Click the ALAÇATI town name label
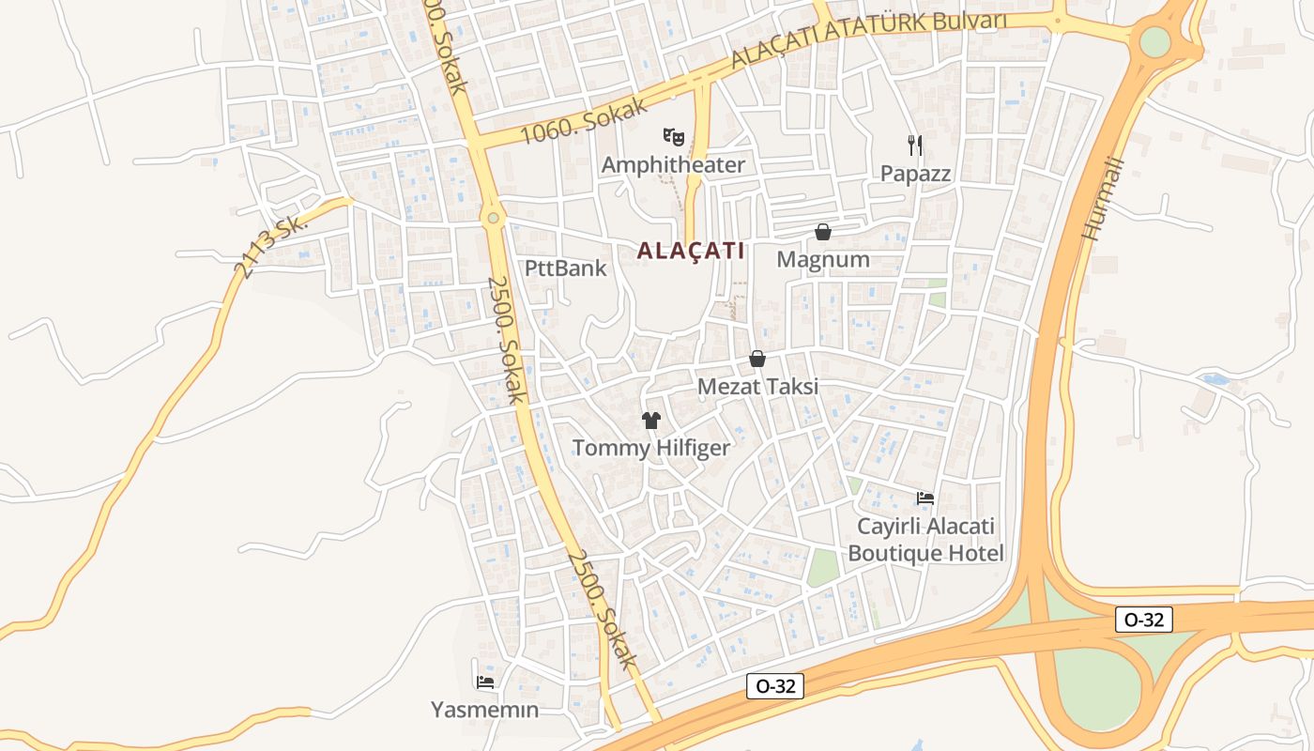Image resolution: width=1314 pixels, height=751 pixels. (x=691, y=251)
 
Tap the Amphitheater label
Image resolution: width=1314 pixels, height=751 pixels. (x=673, y=165)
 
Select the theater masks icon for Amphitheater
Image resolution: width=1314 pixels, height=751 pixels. (x=673, y=137)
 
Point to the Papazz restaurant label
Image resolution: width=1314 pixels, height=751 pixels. (x=915, y=174)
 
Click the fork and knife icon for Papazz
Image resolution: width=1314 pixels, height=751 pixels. (x=915, y=145)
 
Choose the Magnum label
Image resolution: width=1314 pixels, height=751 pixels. (x=823, y=260)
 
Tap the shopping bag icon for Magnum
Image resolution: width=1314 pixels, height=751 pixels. (x=823, y=232)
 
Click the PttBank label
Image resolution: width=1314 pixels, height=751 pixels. (x=565, y=268)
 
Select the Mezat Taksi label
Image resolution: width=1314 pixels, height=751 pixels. (x=757, y=387)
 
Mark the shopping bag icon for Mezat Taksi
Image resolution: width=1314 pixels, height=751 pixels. (x=757, y=359)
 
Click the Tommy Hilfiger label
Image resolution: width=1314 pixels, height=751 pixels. (x=650, y=448)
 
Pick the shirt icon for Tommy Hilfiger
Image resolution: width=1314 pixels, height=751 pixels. (x=650, y=420)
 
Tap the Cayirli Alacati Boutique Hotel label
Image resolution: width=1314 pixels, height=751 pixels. (x=925, y=540)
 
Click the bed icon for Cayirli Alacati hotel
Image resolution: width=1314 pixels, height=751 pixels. (x=925, y=498)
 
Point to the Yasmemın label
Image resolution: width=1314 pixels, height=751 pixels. (x=484, y=710)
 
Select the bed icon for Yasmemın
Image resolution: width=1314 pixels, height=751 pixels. (x=484, y=682)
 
